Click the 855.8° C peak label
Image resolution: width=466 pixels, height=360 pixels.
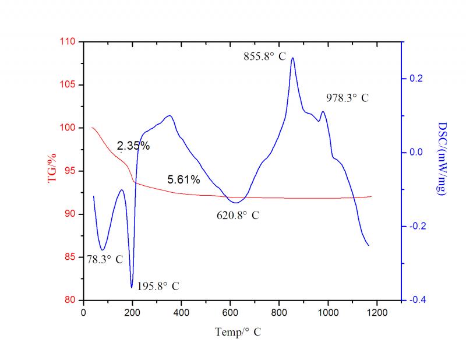point(267,57)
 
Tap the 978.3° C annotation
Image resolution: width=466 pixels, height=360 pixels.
point(347,98)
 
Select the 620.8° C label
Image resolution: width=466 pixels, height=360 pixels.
point(238,215)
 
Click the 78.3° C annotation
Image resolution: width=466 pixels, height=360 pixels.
point(105,259)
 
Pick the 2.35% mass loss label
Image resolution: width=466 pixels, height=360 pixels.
point(133,146)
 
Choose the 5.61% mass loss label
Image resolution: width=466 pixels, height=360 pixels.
point(183,179)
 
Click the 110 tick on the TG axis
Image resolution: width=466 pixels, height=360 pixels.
point(68,42)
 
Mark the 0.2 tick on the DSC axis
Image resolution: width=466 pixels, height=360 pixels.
point(414,79)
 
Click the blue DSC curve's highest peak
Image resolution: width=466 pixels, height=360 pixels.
point(292,58)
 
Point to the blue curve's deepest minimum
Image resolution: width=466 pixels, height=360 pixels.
point(132,287)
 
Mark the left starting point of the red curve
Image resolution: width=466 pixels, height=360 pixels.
point(92,128)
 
